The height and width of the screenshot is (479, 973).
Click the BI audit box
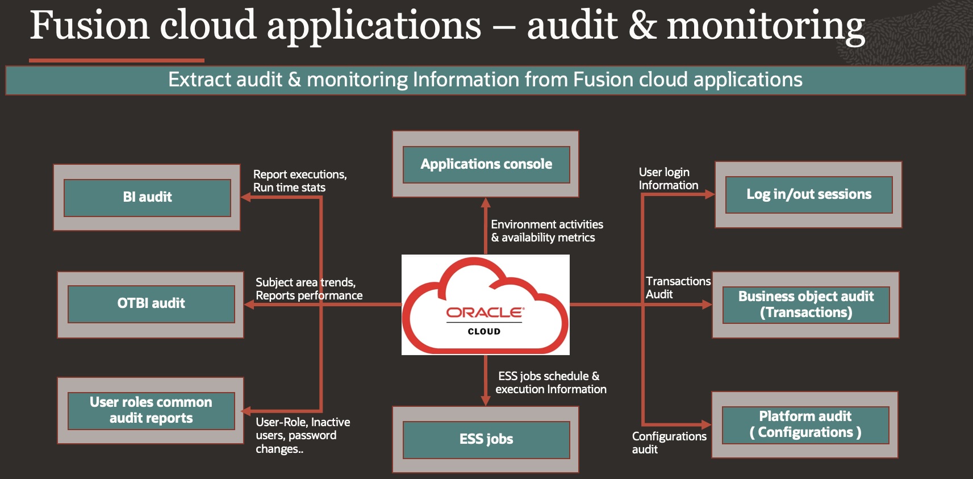pos(147,197)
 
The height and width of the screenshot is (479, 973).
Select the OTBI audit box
pos(151,303)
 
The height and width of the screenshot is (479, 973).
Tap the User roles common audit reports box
pos(151,410)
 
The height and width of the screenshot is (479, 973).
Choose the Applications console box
pos(486,164)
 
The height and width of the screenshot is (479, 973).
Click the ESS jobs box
pos(486,439)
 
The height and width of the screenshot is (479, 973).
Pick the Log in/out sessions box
pos(809,194)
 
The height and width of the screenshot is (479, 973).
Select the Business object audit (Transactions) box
pos(806,305)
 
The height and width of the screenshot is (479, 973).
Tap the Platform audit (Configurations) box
pos(805,424)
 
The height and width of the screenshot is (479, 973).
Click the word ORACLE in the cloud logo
pos(485,313)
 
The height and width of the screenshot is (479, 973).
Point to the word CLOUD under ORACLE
pos(484,331)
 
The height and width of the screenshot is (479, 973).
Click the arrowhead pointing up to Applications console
pos(486,203)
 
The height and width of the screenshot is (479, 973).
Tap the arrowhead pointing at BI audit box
pos(246,197)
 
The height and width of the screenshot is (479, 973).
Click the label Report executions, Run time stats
pos(299,181)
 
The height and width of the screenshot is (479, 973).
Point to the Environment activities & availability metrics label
pos(546,231)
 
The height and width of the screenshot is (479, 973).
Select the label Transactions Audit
pos(677,288)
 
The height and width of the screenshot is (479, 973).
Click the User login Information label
pos(667,178)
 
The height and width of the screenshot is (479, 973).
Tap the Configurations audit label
pos(669,443)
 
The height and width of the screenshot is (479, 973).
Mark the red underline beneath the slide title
pos(116,60)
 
